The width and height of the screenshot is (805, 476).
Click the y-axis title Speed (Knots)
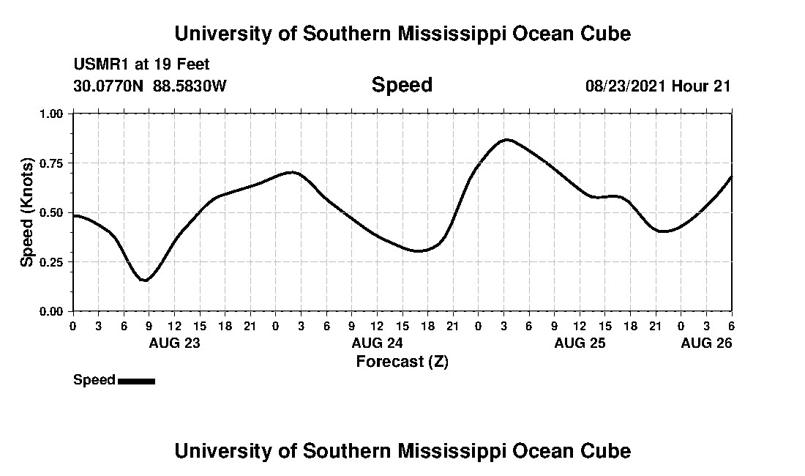27,212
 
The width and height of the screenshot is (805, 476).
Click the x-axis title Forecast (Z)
402,361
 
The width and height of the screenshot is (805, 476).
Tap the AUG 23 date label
175,343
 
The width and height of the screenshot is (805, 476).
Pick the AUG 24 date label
378,343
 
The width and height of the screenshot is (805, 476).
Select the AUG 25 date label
580,343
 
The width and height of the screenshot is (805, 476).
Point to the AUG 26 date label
706,343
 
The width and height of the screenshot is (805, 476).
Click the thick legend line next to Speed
136,381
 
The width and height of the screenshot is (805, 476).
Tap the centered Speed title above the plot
402,85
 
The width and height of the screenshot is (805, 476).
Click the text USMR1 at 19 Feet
141,65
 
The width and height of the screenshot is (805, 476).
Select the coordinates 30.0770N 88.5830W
150,86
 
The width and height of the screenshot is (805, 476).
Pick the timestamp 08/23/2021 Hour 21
658,86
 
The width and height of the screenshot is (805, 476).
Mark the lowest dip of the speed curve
145,280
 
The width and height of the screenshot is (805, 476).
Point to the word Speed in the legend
94,380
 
